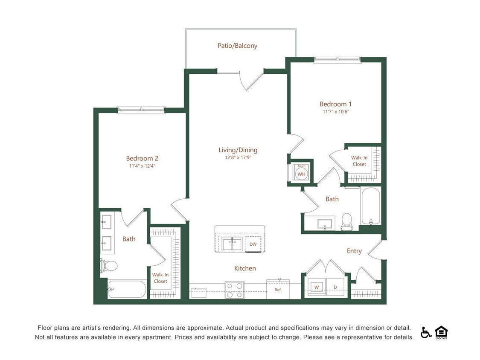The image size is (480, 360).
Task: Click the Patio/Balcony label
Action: [x=237, y=46]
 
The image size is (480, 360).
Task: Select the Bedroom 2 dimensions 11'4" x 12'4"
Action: [x=142, y=166]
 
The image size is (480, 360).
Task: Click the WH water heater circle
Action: [x=302, y=174]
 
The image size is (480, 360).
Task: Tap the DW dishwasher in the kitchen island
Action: [x=253, y=244]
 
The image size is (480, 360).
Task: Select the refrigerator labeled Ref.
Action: [x=278, y=290]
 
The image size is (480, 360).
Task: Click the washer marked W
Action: [x=317, y=287]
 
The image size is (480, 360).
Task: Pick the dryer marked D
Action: [x=335, y=287]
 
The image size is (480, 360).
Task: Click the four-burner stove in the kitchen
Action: [x=234, y=290]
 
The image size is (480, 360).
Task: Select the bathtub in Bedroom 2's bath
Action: [x=127, y=289]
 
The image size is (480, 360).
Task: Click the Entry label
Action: [x=354, y=251]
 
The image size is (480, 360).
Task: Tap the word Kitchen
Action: [x=245, y=268]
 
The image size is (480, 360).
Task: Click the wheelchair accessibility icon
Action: [x=425, y=332]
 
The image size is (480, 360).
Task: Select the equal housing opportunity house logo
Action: [x=441, y=332]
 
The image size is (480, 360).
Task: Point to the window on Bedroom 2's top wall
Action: [x=141, y=110]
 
